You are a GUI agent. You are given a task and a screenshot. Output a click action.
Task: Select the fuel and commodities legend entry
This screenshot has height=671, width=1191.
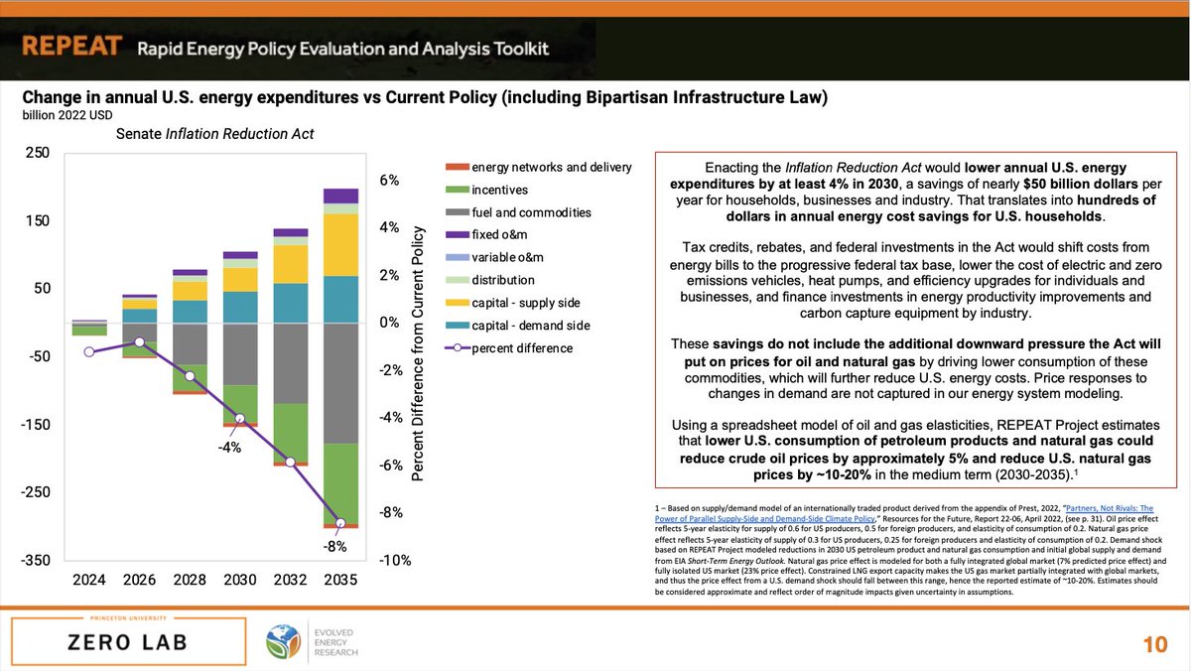click(x=531, y=211)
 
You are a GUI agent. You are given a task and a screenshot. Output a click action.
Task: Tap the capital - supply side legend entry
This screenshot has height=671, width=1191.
click(x=526, y=302)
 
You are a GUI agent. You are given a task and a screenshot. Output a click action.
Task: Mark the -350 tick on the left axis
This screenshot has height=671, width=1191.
click(x=37, y=560)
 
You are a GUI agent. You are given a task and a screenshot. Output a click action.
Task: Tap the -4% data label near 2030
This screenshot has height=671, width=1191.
click(x=229, y=447)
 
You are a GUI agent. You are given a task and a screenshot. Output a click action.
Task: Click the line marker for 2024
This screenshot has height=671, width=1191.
click(x=89, y=351)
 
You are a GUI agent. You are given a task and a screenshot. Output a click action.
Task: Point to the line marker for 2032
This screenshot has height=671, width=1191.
click(x=291, y=463)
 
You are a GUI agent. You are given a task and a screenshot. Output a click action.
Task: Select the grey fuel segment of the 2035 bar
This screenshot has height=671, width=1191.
click(x=340, y=383)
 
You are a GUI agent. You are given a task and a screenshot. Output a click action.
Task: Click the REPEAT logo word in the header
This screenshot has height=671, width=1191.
click(x=71, y=47)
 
